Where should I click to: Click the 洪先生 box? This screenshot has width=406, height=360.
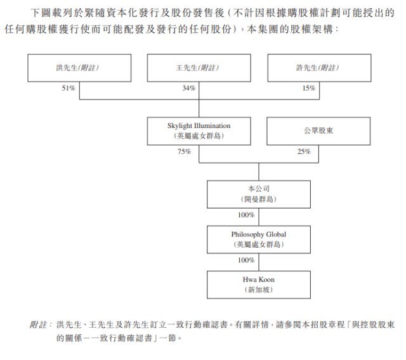pos(79,68)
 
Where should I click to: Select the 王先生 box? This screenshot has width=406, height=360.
pos(199,68)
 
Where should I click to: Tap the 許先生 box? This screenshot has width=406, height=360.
pos(319,68)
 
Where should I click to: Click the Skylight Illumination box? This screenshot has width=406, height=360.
pos(199,131)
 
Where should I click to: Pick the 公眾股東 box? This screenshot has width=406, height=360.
pos(318,131)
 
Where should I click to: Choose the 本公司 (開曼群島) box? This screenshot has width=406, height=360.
pos(259,194)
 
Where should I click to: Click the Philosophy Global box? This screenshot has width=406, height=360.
pos(259,240)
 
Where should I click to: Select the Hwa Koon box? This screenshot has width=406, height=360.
pos(259,285)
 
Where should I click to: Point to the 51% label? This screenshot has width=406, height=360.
pos(69,88)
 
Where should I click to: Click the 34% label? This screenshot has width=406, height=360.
pos(189,88)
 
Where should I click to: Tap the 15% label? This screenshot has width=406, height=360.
pos(309,88)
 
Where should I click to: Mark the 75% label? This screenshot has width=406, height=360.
pos(184,151)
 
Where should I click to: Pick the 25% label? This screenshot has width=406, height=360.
pos(304,151)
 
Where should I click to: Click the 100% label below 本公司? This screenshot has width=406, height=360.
pos(246,215)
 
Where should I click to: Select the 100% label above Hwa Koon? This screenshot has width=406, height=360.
pos(246,260)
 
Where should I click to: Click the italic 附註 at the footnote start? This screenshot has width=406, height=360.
pos(39,325)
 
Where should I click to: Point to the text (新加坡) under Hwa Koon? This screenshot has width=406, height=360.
pos(259,290)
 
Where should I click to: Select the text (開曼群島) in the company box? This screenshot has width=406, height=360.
pos(259,199)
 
